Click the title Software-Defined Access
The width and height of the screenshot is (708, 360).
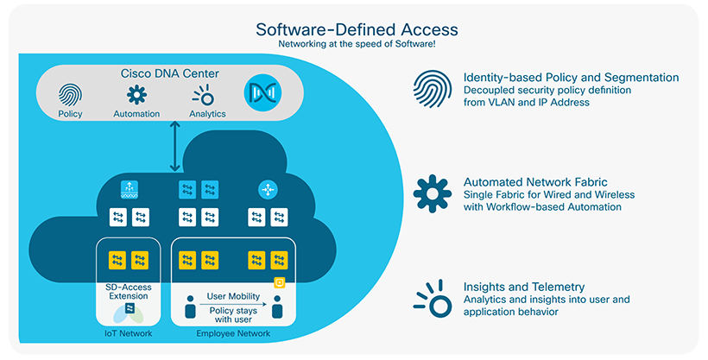pos(357,29)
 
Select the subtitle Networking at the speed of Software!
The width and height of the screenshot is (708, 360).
pos(357,44)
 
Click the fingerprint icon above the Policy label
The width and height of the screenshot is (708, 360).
pos(70,94)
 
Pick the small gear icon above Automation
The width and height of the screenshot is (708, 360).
pos(136,94)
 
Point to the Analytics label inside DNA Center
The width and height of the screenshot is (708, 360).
pos(207,114)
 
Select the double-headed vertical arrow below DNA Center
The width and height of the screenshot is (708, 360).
pos(175,147)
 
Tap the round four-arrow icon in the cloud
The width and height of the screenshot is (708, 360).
pos(267,190)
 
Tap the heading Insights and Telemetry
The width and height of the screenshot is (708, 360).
pos(524,287)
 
